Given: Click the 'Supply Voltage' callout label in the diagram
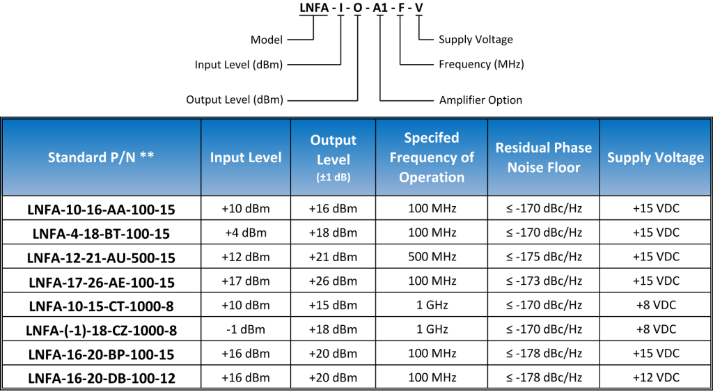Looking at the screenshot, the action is click(476, 40).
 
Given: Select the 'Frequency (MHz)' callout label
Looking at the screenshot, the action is click(482, 65).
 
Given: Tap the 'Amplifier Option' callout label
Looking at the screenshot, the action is click(480, 100).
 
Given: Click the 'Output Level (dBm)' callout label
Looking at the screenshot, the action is click(235, 100).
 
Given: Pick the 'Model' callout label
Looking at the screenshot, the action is click(267, 40).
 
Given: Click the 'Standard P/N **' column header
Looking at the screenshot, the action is click(101, 157).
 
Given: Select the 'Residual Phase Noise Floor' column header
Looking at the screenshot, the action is click(543, 158).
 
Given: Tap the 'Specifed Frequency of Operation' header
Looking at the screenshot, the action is click(432, 157).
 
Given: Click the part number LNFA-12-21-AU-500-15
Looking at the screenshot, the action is click(102, 258).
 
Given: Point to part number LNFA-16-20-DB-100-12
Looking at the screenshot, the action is click(102, 378).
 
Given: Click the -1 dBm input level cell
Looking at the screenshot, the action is click(246, 329).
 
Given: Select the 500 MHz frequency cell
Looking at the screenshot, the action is click(432, 257).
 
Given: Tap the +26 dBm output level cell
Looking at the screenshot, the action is click(334, 281).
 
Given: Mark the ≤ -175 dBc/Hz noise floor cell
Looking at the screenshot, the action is click(543, 257).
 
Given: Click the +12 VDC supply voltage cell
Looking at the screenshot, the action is click(655, 377).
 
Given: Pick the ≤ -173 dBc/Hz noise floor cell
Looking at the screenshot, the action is click(543, 281).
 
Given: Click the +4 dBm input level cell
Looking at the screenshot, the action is click(246, 233).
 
